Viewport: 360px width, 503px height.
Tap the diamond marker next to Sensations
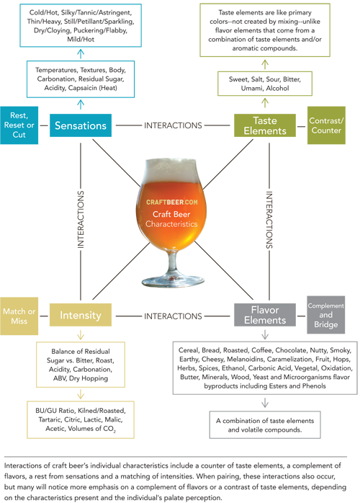tap(44, 125)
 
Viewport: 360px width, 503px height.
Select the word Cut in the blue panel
tap(19, 135)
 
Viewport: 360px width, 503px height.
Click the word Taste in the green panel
tap(266, 120)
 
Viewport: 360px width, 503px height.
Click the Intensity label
tap(80, 315)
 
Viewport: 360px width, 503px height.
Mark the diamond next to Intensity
tap(44, 315)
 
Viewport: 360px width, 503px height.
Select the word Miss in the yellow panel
tap(19, 321)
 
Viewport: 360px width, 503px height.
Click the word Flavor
tap(265, 310)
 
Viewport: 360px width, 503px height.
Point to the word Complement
tap(326, 306)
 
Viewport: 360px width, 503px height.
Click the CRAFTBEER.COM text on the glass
tap(176, 204)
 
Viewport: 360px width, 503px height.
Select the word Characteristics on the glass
tap(176, 225)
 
